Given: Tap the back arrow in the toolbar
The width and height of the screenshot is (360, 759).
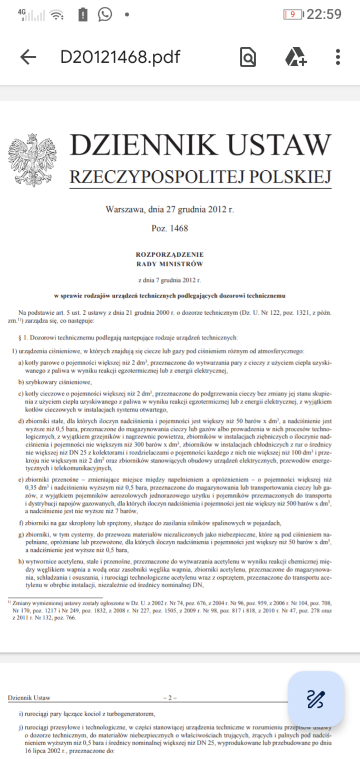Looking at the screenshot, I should [28, 57].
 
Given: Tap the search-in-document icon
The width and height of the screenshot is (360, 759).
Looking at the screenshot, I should [248, 57].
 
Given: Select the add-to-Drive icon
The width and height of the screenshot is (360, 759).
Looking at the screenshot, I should [296, 57].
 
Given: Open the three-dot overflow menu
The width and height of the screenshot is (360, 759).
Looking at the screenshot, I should [338, 57].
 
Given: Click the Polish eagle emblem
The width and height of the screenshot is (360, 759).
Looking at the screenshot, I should [32, 160].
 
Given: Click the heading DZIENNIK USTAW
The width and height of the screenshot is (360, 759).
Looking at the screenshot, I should [200, 145].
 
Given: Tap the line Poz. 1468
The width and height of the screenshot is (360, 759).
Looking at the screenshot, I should [169, 228].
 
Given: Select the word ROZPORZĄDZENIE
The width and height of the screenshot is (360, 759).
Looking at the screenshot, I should [169, 254].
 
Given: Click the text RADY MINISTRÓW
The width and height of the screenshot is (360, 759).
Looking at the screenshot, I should [169, 264].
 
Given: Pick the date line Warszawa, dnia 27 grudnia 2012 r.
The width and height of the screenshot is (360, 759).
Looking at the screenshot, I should [169, 209].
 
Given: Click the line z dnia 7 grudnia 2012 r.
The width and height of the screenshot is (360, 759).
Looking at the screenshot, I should [169, 280].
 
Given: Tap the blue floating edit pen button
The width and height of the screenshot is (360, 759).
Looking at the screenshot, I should [316, 698].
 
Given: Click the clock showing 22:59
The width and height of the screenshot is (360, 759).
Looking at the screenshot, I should [324, 14].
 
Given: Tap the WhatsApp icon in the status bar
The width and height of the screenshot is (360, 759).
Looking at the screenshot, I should [105, 14].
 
